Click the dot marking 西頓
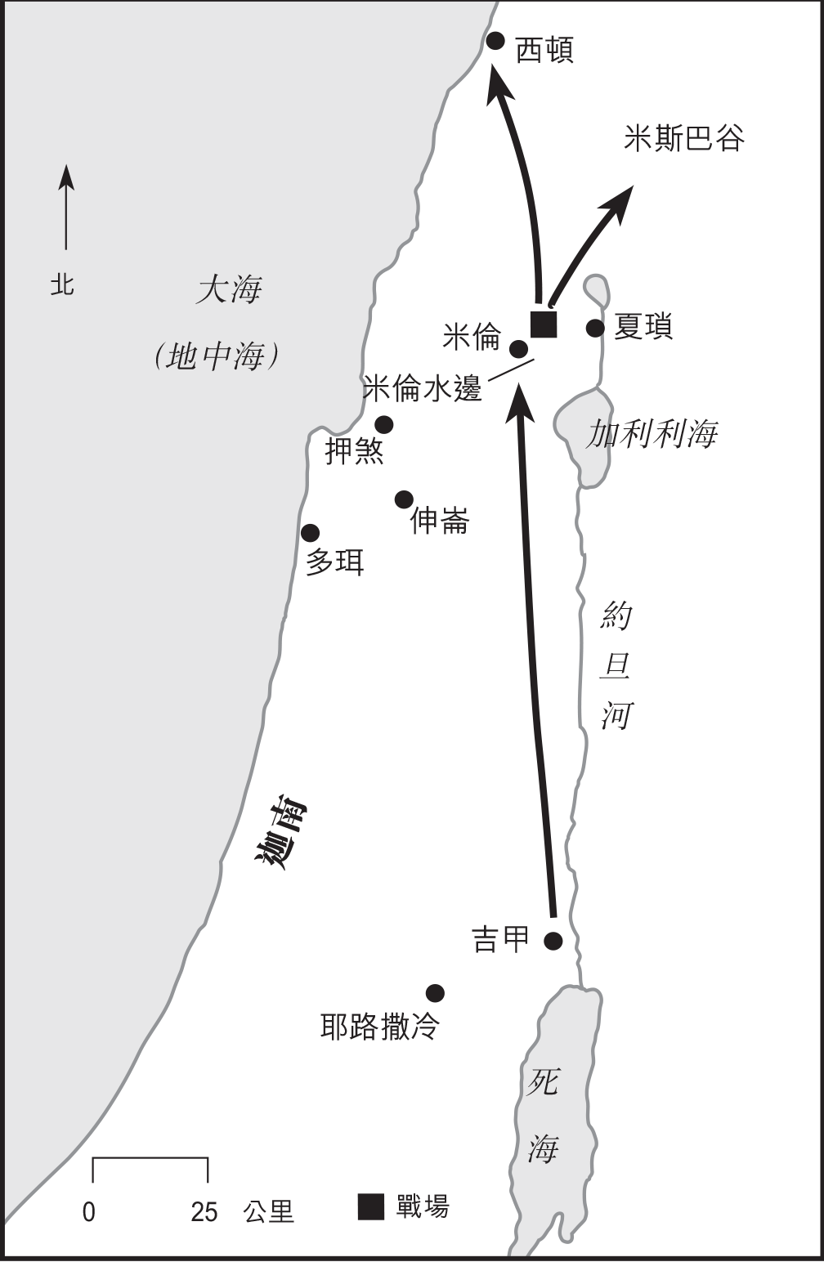[495, 40]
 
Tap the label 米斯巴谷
[683, 138]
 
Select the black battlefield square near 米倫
[544, 324]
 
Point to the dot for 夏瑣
[595, 329]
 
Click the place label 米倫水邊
[422, 389]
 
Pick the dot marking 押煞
[383, 425]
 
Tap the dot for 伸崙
[404, 499]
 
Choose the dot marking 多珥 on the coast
[310, 533]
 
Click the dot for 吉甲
[553, 941]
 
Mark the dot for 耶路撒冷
[435, 993]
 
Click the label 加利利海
[652, 434]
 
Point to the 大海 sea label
[229, 290]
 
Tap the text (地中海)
[217, 356]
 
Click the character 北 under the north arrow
[63, 284]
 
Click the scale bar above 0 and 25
[150, 1159]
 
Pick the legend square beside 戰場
[371, 1207]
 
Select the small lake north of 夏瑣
[596, 290]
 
